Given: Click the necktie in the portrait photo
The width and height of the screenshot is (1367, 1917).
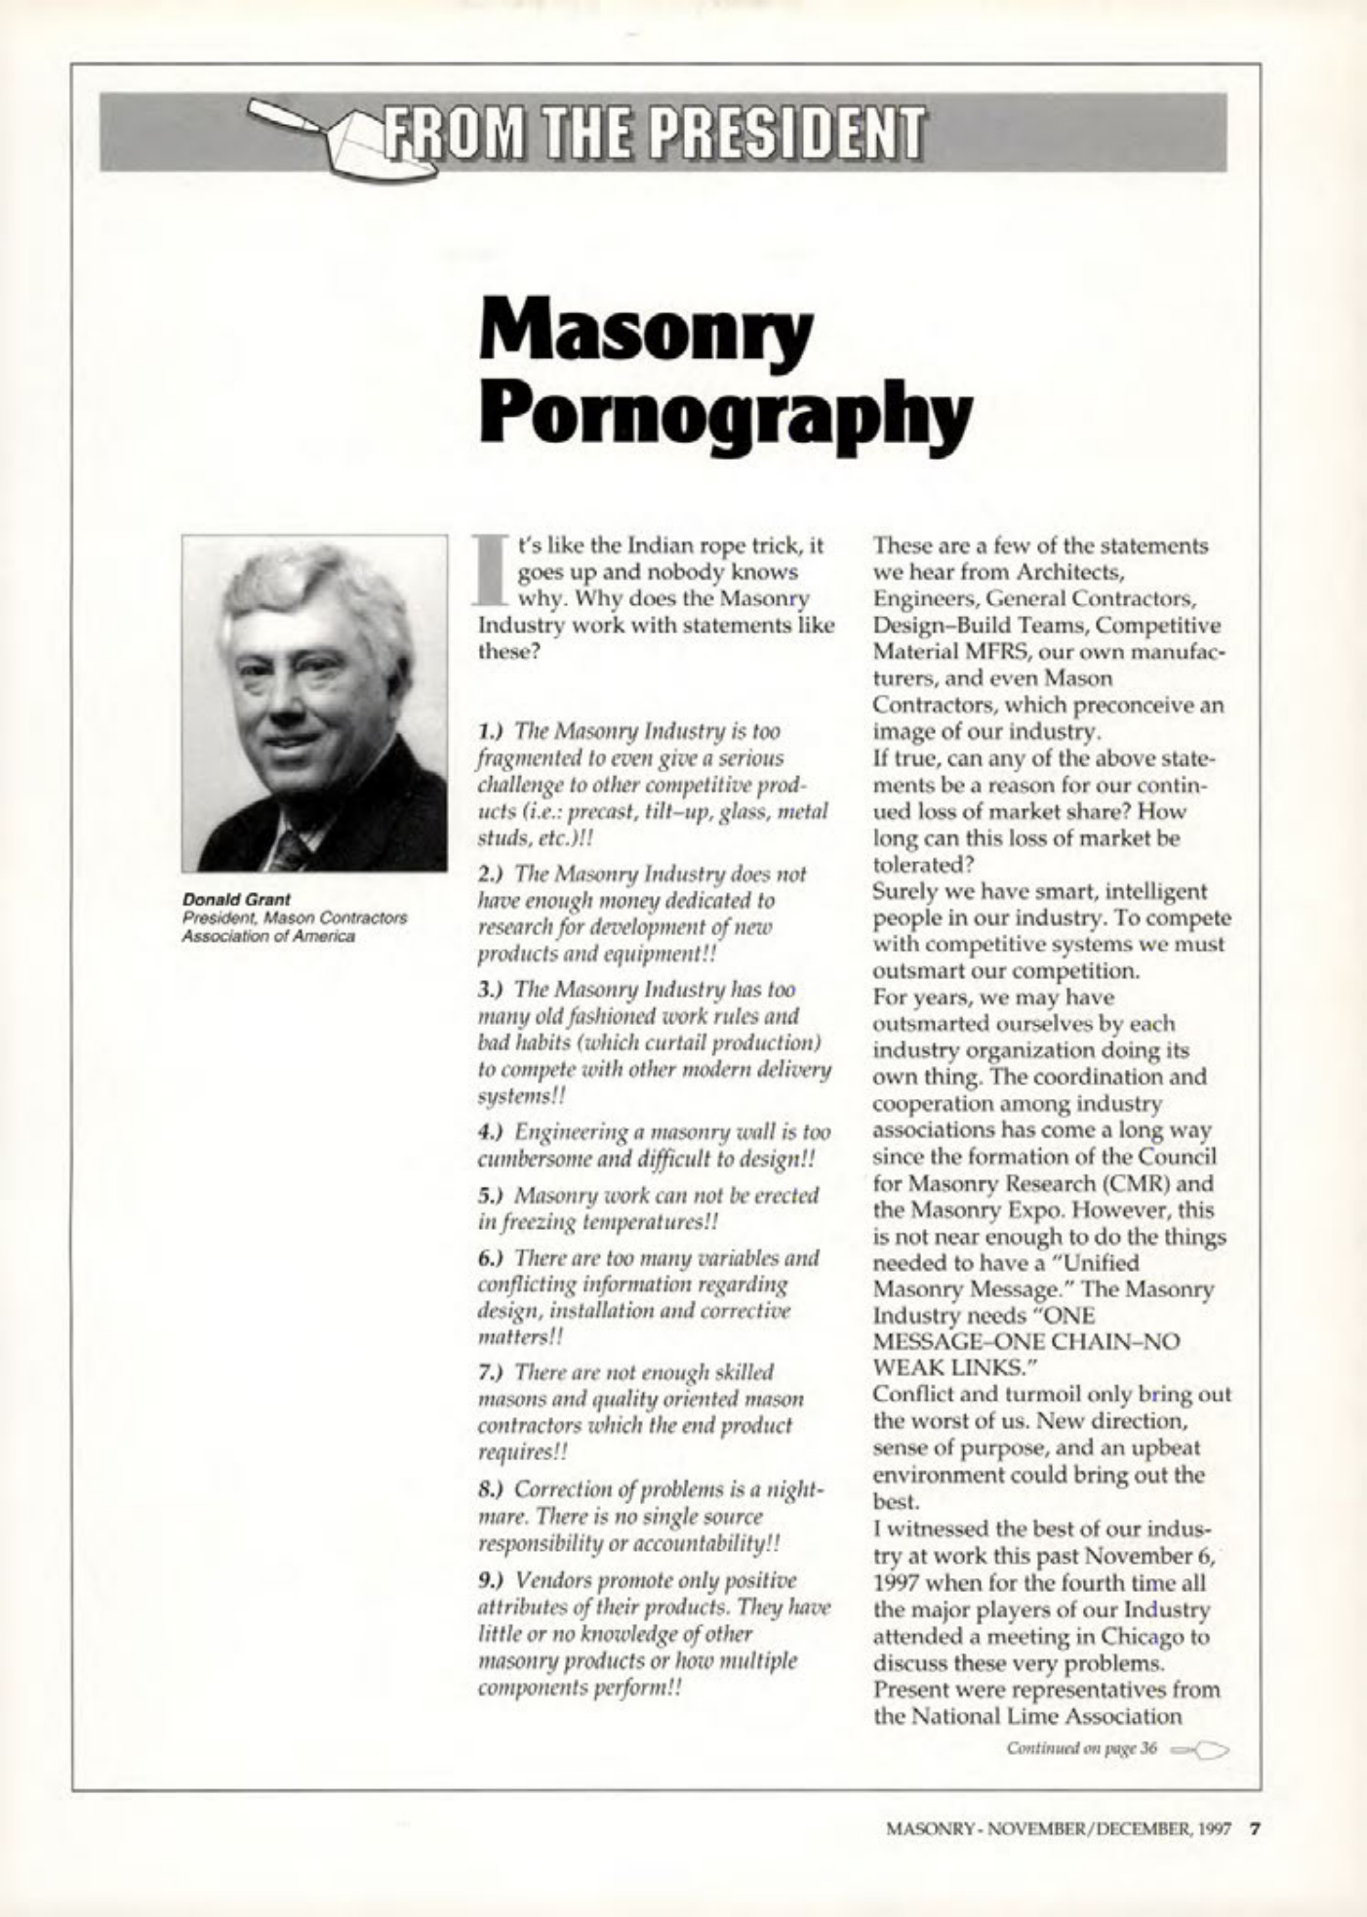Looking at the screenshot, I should (291, 849).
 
